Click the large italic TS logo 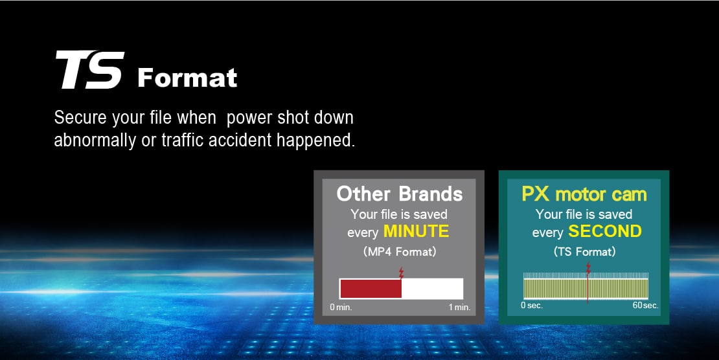tap(90, 70)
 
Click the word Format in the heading tap(187, 78)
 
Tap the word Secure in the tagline tap(80, 118)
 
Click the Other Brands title tap(400, 194)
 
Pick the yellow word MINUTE tap(416, 232)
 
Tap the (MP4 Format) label tap(400, 252)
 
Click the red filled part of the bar tap(371, 289)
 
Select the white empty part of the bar tap(432, 289)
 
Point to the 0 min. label tap(341, 308)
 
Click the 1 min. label tap(459, 308)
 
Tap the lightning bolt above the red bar tap(401, 273)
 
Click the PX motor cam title tap(584, 194)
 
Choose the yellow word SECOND tap(605, 232)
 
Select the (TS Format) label tap(584, 252)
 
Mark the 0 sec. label tap(531, 306)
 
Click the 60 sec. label tap(646, 306)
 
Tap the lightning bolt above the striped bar tap(588, 268)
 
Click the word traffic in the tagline tap(182, 141)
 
